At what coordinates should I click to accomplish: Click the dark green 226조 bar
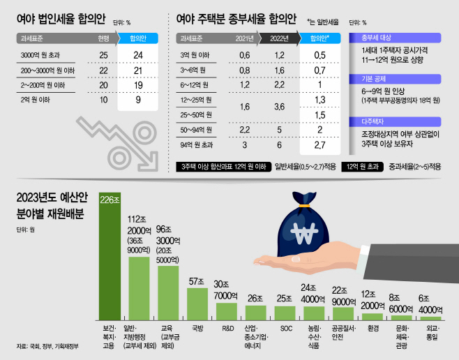(x=110, y=256)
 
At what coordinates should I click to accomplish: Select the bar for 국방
(x=197, y=304)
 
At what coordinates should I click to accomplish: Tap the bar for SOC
(x=285, y=313)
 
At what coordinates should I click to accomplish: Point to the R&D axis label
(x=227, y=329)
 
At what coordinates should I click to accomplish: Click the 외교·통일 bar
(x=430, y=318)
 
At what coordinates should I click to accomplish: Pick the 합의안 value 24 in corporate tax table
(x=138, y=55)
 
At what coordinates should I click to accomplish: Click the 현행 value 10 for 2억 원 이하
(x=104, y=100)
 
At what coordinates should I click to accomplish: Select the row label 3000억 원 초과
(x=40, y=55)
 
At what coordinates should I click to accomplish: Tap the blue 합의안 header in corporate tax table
(x=138, y=38)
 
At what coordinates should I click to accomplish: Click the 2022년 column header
(x=279, y=38)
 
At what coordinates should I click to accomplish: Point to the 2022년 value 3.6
(x=279, y=107)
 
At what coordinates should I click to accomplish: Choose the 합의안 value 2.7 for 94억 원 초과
(x=319, y=145)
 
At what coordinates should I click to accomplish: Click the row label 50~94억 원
(x=196, y=130)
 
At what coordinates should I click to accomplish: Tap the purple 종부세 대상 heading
(x=395, y=38)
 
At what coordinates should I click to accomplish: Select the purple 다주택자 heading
(x=395, y=122)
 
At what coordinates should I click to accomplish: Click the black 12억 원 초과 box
(x=363, y=167)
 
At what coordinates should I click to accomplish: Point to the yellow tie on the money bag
(x=304, y=206)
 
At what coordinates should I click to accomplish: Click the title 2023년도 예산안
(x=52, y=197)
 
